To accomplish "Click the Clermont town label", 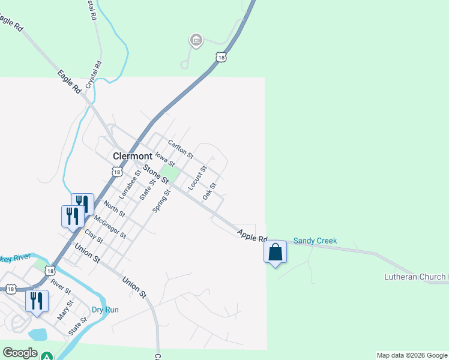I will click(x=132, y=156).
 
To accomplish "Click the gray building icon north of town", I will click(x=195, y=41).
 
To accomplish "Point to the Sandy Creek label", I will click(x=315, y=241).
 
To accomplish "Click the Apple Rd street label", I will click(x=252, y=235).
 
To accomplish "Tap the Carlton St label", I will click(x=180, y=149).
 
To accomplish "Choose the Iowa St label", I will click(x=164, y=159).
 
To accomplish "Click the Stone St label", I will click(x=155, y=174).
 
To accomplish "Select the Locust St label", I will click(x=197, y=178).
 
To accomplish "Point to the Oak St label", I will click(x=209, y=192).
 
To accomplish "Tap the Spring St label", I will click(x=159, y=200).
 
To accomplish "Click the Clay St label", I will click(x=94, y=236).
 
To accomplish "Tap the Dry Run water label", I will click(x=105, y=310).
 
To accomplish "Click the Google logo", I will click(x=20, y=353).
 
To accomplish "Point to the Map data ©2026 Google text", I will click(x=412, y=355).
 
